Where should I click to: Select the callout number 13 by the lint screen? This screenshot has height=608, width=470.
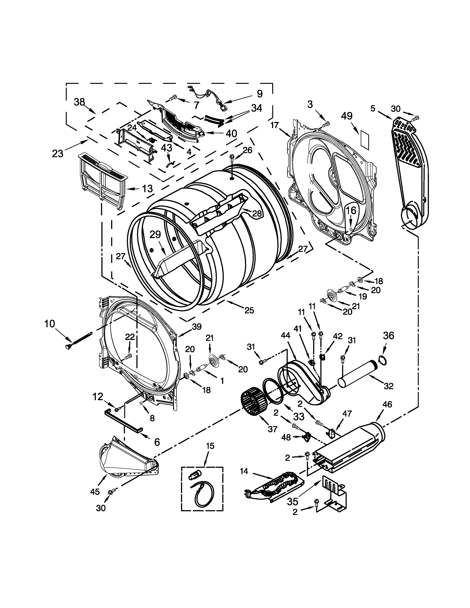pyautogui.click(x=147, y=189)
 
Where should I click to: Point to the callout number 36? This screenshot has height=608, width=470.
pyautogui.click(x=388, y=336)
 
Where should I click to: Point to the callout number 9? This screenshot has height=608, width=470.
pyautogui.click(x=259, y=94)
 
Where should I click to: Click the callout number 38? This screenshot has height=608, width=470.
pyautogui.click(x=79, y=102)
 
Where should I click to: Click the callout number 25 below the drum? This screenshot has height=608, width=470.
pyautogui.click(x=249, y=310)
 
